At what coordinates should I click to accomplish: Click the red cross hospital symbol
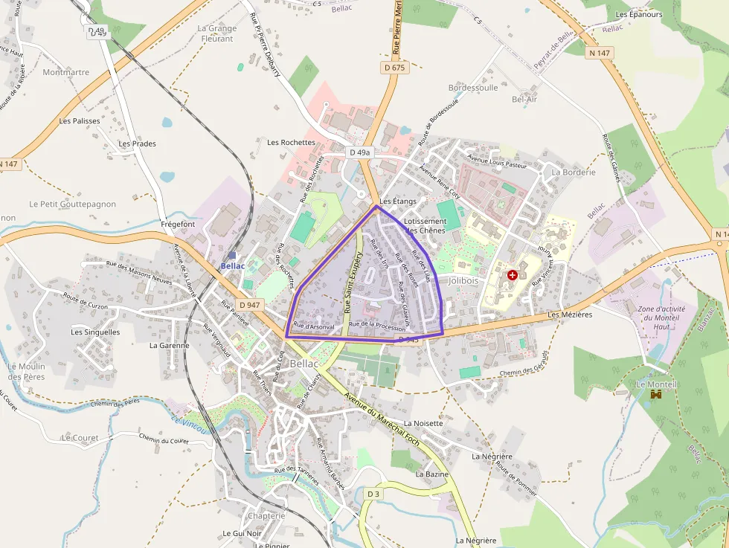512,275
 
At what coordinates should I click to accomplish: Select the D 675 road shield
395,68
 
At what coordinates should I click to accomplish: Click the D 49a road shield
359,152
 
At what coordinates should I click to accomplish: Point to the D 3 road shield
373,494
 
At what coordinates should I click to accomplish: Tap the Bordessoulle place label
473,88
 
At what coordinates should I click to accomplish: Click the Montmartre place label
66,73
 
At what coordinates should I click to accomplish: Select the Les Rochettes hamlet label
291,142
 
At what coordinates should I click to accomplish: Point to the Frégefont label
178,224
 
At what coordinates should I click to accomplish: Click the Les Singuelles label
95,332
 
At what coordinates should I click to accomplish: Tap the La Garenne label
170,345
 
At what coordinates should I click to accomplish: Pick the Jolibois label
464,281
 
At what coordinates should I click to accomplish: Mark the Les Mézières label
570,315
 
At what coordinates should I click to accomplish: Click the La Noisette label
423,423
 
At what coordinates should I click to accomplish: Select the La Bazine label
432,474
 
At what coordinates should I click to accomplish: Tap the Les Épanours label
639,15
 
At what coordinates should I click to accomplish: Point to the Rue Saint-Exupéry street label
353,282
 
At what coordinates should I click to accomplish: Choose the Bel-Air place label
524,99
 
